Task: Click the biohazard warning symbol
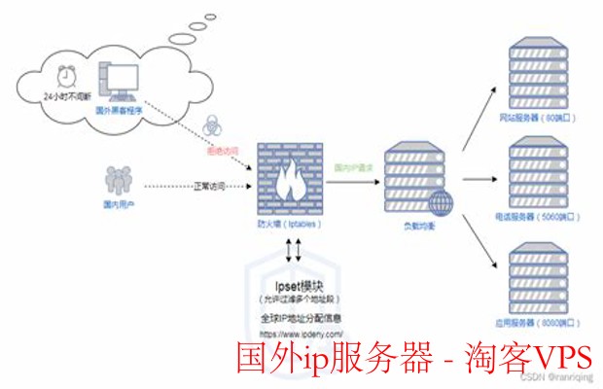click(214, 126)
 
